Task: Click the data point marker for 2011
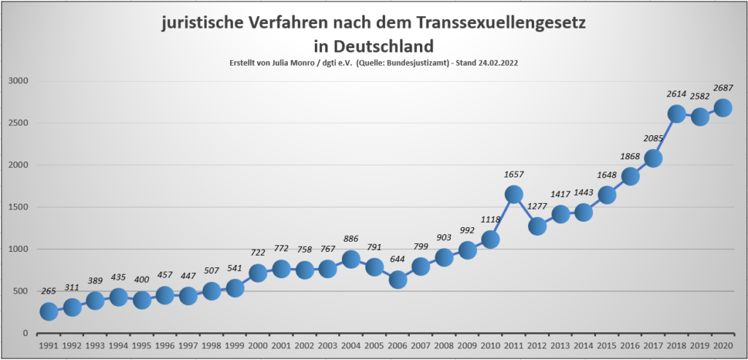[514, 194]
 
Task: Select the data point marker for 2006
[397, 280]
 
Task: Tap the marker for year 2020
[723, 107]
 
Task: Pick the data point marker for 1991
[49, 312]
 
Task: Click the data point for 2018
[676, 114]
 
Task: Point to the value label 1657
[514, 175]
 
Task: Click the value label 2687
[723, 88]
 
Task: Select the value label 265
[49, 292]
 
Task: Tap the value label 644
[397, 259]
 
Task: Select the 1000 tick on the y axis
[17, 250]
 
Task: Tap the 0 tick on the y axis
[25, 334]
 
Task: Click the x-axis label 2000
[258, 346]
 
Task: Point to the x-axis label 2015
[606, 346]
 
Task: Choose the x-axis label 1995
[142, 346]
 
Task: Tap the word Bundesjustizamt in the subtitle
[416, 64]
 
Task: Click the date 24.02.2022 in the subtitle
[495, 64]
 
